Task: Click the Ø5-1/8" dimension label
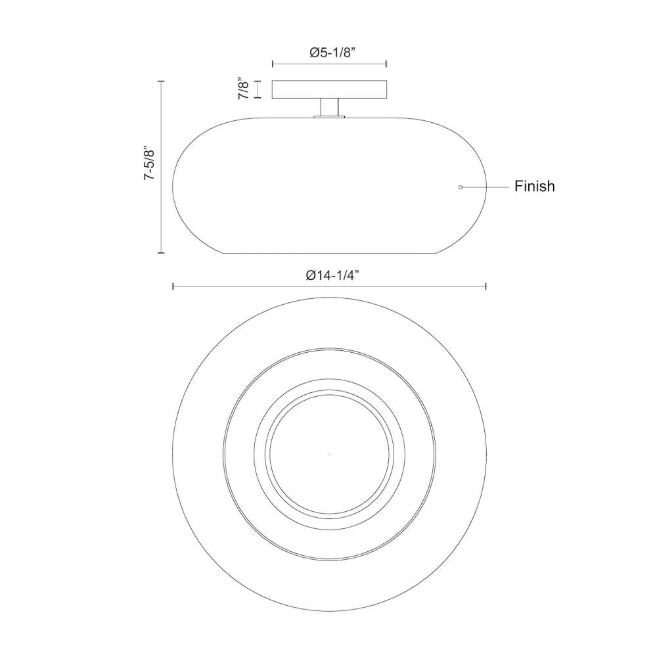[332, 53]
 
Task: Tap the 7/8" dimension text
[244, 89]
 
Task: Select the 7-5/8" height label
[150, 164]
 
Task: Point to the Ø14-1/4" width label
[333, 275]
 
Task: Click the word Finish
[535, 186]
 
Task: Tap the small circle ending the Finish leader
[461, 187]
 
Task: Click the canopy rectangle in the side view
[329, 89]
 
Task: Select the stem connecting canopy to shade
[329, 107]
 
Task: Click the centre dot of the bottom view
[329, 455]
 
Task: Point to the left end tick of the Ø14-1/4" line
[173, 286]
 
